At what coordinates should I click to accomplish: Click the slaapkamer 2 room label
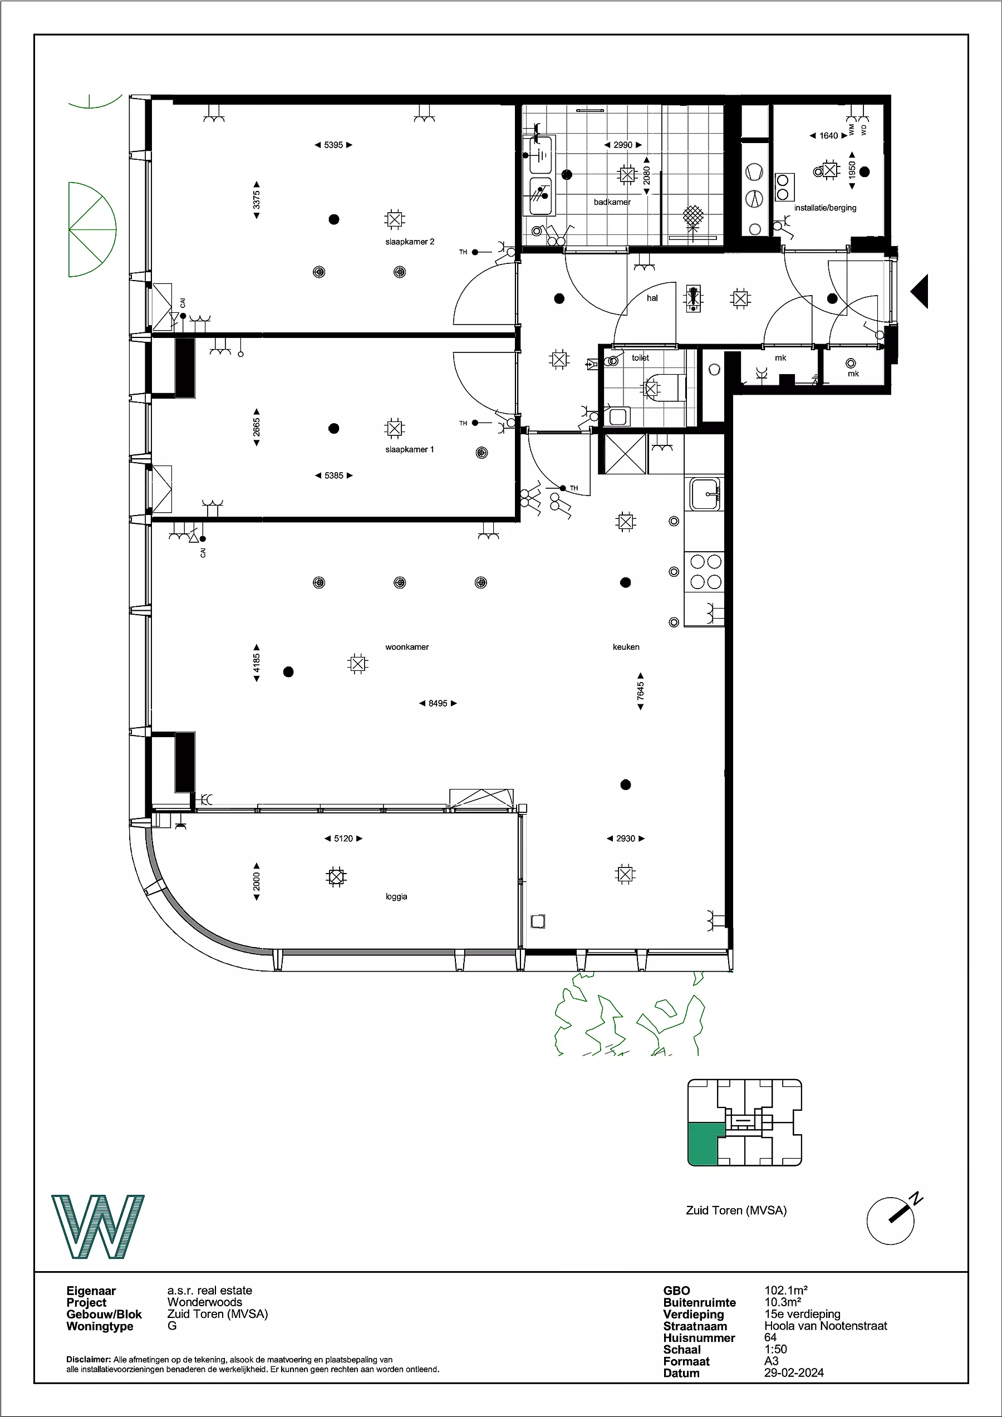tap(410, 242)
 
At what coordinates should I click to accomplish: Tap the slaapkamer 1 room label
tap(410, 449)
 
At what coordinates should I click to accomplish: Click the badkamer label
tap(612, 202)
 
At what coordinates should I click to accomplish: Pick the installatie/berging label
tap(825, 208)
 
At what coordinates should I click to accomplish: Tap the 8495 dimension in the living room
tap(438, 703)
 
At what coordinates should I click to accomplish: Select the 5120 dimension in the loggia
tap(343, 838)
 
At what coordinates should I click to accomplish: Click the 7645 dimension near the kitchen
tap(640, 691)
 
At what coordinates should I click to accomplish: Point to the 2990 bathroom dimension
tap(623, 145)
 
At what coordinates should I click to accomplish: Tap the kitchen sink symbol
tap(705, 494)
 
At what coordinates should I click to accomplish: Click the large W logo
tap(98, 1227)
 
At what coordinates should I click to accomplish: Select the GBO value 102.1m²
tap(786, 1290)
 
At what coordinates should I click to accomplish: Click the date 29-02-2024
tap(794, 1372)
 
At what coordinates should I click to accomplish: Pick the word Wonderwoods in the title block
tap(205, 1302)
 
